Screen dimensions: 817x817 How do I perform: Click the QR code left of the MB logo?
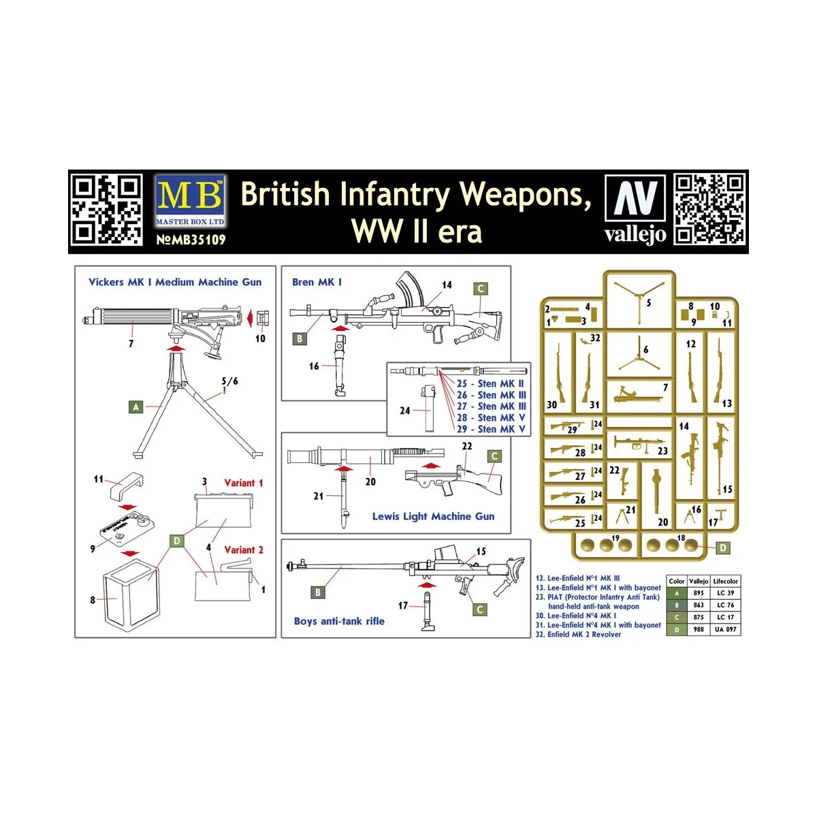pos(107,210)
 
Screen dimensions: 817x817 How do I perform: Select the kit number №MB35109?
pos(191,240)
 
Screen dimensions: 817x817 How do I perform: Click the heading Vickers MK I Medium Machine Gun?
pos(175,282)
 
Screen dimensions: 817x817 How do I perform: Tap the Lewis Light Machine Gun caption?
pos(433,516)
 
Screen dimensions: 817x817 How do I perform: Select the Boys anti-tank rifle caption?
pos(339,621)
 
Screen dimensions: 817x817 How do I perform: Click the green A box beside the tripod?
pos(136,407)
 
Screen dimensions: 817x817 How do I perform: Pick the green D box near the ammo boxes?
pos(177,541)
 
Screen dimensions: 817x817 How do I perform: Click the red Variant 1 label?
pos(243,483)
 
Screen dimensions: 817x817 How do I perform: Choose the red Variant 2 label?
pos(243,549)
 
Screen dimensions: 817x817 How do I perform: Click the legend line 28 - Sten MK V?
pos(491,417)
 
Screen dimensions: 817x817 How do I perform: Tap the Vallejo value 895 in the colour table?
pos(699,593)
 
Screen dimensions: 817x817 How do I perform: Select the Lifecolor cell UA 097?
pos(725,629)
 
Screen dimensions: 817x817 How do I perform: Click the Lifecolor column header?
pos(725,581)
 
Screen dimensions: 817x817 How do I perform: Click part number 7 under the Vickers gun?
pos(131,344)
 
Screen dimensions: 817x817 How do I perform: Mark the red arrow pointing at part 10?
pos(250,317)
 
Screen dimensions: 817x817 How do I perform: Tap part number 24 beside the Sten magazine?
pos(405,411)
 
